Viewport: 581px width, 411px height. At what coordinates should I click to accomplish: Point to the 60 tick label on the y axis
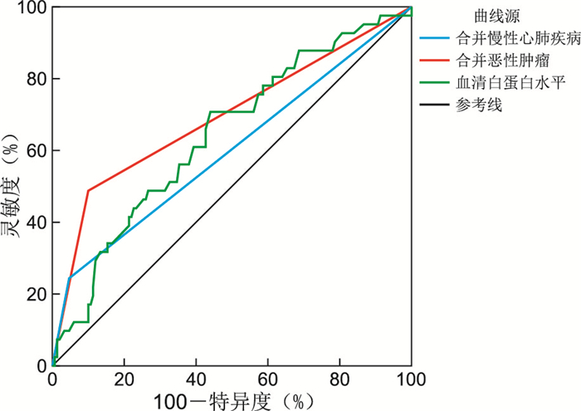pyautogui.click(x=36, y=150)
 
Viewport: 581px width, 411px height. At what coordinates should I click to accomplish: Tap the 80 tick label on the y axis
pyautogui.click(x=36, y=79)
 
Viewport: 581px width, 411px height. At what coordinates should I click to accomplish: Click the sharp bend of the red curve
pyautogui.click(x=88, y=191)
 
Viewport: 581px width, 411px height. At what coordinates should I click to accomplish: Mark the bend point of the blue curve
pyautogui.click(x=70, y=277)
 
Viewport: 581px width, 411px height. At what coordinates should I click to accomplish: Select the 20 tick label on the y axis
pyautogui.click(x=36, y=293)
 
